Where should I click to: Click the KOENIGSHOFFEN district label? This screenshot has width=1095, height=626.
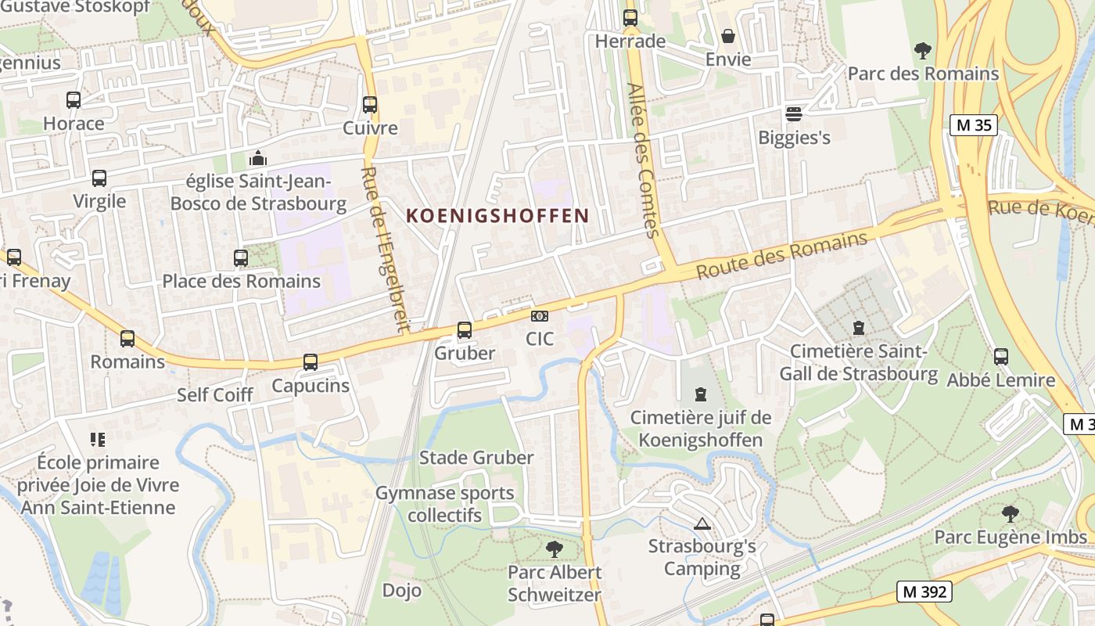click(x=497, y=215)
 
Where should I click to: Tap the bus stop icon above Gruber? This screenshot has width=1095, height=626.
click(x=465, y=330)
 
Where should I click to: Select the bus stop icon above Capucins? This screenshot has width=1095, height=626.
click(x=311, y=362)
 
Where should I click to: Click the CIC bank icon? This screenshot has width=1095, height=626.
click(x=540, y=316)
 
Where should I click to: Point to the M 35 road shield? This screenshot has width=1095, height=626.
click(x=974, y=125)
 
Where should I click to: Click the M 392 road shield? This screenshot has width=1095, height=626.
click(x=924, y=592)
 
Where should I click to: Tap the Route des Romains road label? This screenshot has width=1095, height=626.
click(x=781, y=255)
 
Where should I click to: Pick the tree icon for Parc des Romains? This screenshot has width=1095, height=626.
click(x=923, y=51)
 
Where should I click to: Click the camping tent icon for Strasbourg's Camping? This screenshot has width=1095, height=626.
click(x=702, y=523)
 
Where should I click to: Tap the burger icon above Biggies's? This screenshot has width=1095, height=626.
click(x=794, y=114)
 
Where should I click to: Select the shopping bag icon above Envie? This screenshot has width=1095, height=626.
click(x=728, y=36)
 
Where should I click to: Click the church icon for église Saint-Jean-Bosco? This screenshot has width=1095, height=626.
click(x=258, y=159)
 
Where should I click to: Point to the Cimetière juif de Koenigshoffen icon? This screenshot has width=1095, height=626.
click(x=700, y=394)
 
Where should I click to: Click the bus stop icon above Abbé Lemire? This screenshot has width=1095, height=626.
click(x=1000, y=357)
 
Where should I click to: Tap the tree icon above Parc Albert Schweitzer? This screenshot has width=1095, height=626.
click(x=555, y=549)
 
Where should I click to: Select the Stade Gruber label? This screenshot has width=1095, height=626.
click(x=476, y=458)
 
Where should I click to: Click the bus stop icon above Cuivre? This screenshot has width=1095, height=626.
click(x=370, y=104)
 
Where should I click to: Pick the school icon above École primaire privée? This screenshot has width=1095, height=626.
click(x=98, y=439)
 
